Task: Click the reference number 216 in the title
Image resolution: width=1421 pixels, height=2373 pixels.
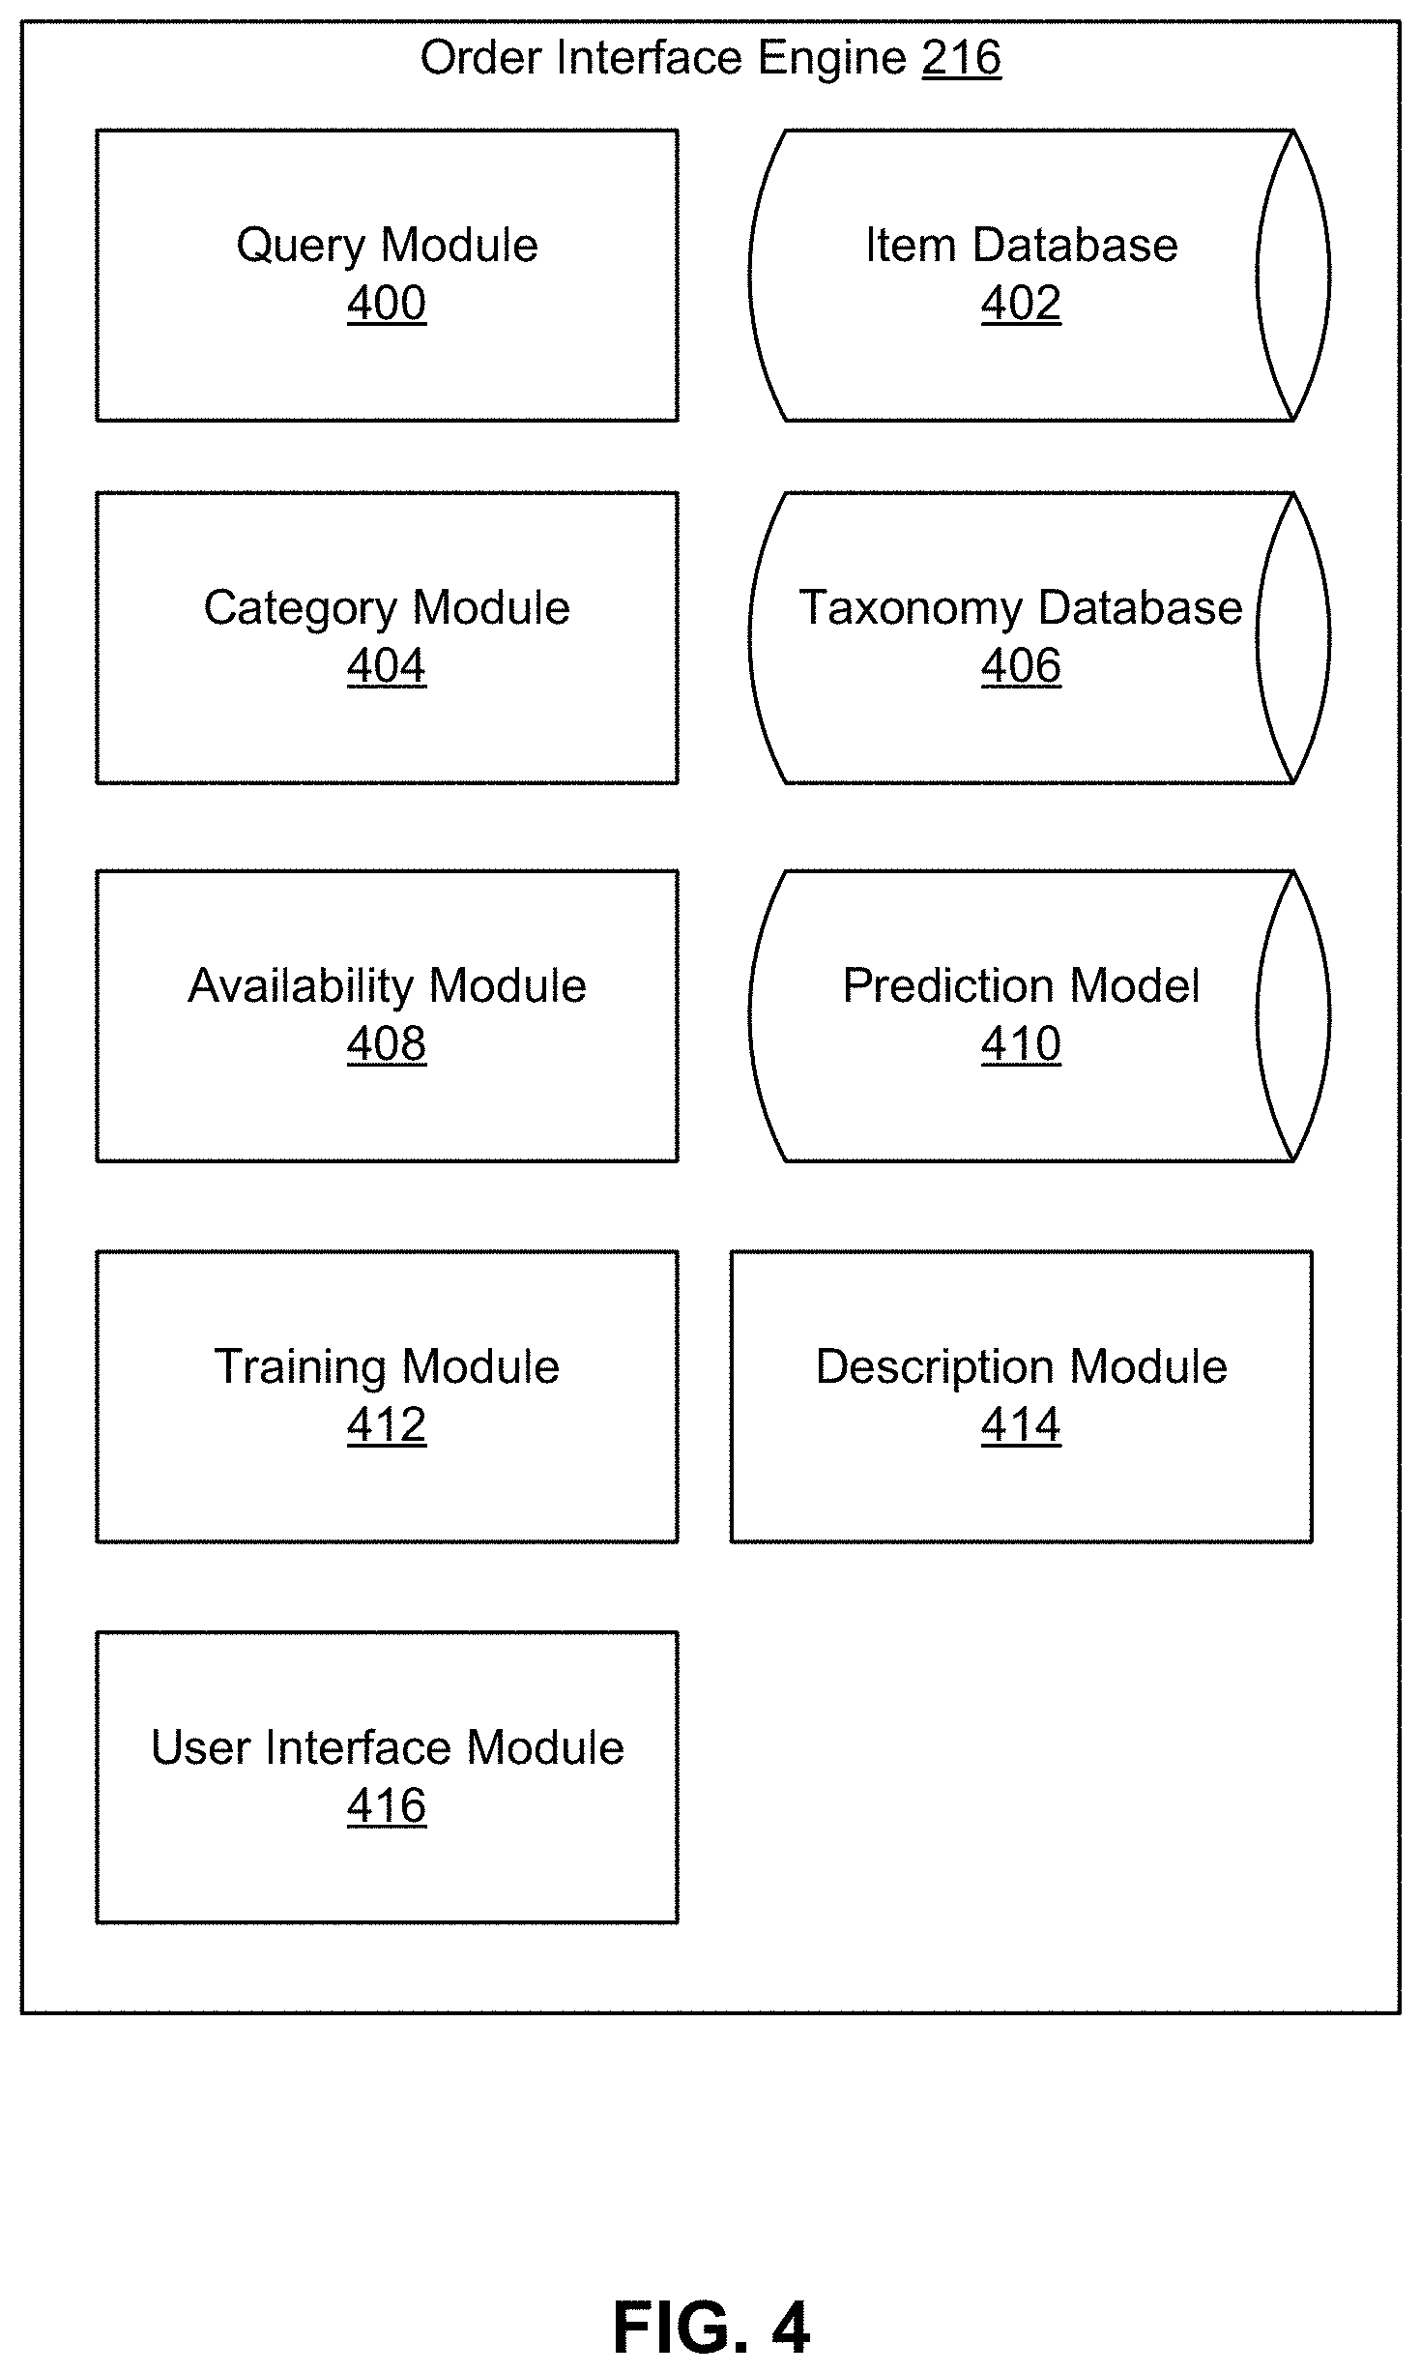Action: (961, 58)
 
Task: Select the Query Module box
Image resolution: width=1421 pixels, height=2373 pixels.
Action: (387, 276)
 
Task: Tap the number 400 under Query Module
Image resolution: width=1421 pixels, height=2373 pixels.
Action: (387, 304)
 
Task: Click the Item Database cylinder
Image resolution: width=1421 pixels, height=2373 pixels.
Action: (1039, 276)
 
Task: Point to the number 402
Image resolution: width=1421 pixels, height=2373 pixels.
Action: (1021, 304)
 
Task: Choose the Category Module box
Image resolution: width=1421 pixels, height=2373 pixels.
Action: (387, 638)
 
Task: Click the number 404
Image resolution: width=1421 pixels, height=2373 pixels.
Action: (387, 666)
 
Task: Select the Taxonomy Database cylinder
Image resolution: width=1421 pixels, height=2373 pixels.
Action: (1039, 638)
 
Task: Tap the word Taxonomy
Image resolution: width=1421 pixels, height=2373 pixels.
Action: (911, 609)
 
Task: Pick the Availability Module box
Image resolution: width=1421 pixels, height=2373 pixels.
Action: (387, 1016)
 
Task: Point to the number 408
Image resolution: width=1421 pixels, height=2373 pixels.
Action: (387, 1044)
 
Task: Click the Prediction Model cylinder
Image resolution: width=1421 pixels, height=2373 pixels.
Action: (1039, 1016)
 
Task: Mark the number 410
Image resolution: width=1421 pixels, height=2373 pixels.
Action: (1021, 1044)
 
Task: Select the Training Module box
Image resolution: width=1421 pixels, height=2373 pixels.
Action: (387, 1396)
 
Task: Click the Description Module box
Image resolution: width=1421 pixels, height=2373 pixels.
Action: (1021, 1396)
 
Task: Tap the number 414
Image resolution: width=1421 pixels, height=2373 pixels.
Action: (1021, 1424)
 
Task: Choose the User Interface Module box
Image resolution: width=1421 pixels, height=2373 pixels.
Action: (387, 1777)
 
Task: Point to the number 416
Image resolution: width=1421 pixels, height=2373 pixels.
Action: (387, 1805)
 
